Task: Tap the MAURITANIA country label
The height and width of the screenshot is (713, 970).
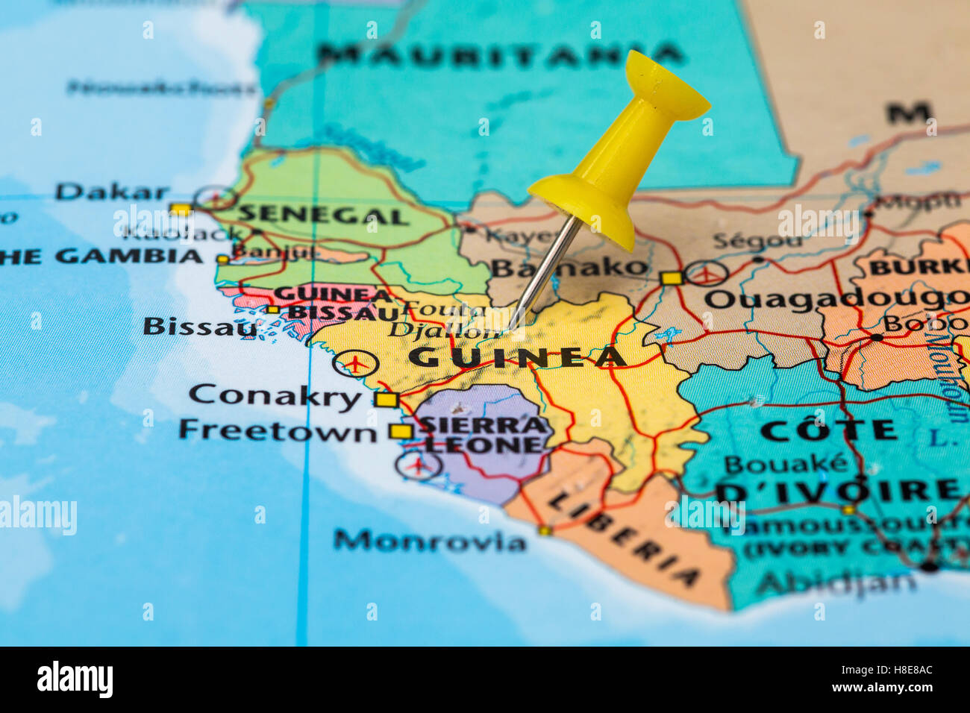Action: pos(500,54)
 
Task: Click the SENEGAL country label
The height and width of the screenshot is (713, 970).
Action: pos(322,215)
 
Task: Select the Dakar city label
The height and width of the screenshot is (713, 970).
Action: pos(112,192)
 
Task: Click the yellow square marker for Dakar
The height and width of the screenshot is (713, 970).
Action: pos(179,209)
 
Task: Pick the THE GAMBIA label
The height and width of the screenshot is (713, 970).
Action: pos(101,257)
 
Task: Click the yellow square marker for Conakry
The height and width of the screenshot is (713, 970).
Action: pos(386,400)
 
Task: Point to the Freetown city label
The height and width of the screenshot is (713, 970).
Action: pos(278,430)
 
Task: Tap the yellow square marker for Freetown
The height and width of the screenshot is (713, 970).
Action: pos(401,431)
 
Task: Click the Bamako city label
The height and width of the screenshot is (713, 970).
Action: pos(569,267)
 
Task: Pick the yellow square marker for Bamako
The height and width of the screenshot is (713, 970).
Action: pos(671,278)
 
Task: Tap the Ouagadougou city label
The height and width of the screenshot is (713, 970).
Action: pos(836,300)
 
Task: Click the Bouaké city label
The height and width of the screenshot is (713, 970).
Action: pos(785,464)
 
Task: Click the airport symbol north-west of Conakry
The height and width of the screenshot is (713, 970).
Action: pos(356,363)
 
